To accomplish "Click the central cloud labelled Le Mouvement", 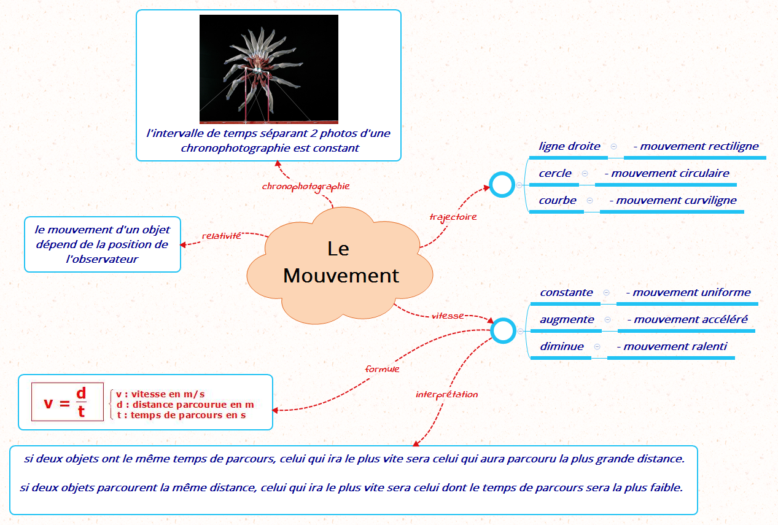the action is (x=340, y=266).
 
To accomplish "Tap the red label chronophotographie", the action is (x=306, y=187).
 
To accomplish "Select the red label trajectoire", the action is (x=453, y=217).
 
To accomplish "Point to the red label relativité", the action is (x=221, y=236).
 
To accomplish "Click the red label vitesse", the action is (x=448, y=316).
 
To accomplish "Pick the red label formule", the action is (x=382, y=369).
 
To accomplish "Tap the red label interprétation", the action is (x=446, y=394).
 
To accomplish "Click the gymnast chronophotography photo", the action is (x=269, y=69).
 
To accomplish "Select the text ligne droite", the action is (x=569, y=146).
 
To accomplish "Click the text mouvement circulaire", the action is (x=670, y=173).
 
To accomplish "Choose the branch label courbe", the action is (x=558, y=200).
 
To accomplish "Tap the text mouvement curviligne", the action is (x=676, y=200).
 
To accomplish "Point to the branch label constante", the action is (x=566, y=292).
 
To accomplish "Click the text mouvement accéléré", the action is (x=690, y=319).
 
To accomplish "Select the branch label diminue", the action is (x=562, y=346).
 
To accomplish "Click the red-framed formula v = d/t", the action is (x=68, y=402).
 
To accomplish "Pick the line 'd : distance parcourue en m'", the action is (x=185, y=405).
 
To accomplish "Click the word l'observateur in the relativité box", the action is (x=102, y=259).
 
